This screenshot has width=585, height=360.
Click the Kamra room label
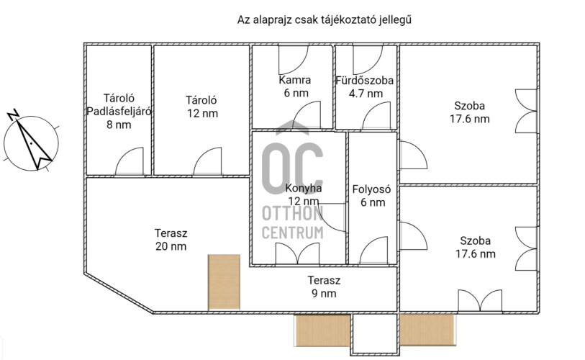(x=295, y=80)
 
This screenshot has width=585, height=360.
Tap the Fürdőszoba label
(x=365, y=81)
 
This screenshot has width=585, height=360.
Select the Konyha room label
(x=304, y=188)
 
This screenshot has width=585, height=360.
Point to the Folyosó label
(x=371, y=189)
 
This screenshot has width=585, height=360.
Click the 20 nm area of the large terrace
(x=171, y=246)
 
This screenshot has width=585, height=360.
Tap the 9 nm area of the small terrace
(x=324, y=294)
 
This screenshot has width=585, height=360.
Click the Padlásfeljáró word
(x=119, y=112)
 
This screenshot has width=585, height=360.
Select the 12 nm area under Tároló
(x=203, y=113)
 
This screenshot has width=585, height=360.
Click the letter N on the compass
(x=14, y=114)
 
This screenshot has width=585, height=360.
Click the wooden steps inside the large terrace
(x=224, y=282)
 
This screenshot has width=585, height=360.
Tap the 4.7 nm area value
(x=366, y=94)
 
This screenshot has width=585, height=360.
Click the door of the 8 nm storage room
(x=130, y=161)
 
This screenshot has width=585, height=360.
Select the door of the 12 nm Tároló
(x=207, y=161)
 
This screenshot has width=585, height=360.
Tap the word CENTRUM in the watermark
(x=292, y=233)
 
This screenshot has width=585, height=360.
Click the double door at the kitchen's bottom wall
(x=297, y=253)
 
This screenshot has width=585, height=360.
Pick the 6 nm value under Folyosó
(x=373, y=202)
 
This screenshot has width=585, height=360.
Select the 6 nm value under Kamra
(x=296, y=93)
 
